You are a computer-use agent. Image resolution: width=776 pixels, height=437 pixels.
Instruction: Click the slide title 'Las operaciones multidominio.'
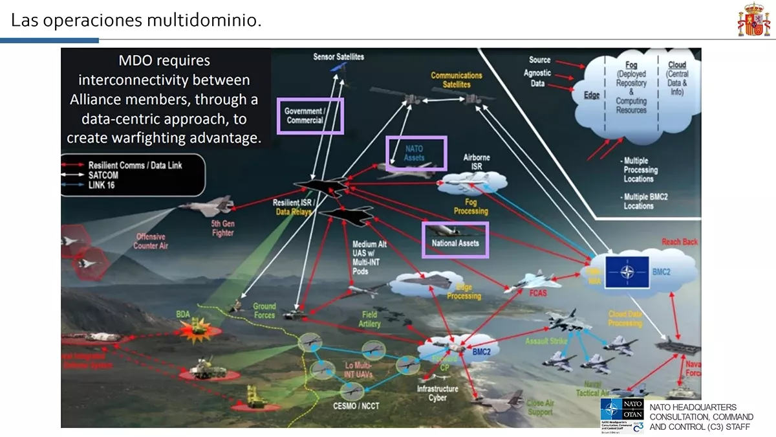(x=136, y=20)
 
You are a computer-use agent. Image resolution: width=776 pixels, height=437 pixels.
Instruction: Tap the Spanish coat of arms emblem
(x=753, y=20)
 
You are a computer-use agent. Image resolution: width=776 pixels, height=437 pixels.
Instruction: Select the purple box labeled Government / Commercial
(x=310, y=116)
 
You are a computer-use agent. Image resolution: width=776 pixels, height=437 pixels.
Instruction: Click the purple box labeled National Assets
(x=455, y=240)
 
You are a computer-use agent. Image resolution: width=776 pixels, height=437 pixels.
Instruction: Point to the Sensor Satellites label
(x=338, y=56)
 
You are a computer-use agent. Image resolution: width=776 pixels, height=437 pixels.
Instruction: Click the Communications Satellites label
(x=457, y=80)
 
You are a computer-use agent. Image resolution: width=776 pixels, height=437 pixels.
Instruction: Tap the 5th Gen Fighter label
(x=222, y=228)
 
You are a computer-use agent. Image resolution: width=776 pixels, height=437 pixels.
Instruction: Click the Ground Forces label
(x=264, y=311)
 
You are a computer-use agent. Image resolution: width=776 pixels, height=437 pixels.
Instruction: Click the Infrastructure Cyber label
(x=438, y=393)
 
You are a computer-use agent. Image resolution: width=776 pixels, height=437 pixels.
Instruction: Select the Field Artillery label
(x=369, y=319)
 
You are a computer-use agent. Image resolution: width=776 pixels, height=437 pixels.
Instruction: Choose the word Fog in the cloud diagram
(x=631, y=65)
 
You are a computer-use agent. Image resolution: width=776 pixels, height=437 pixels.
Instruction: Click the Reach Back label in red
(x=680, y=242)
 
